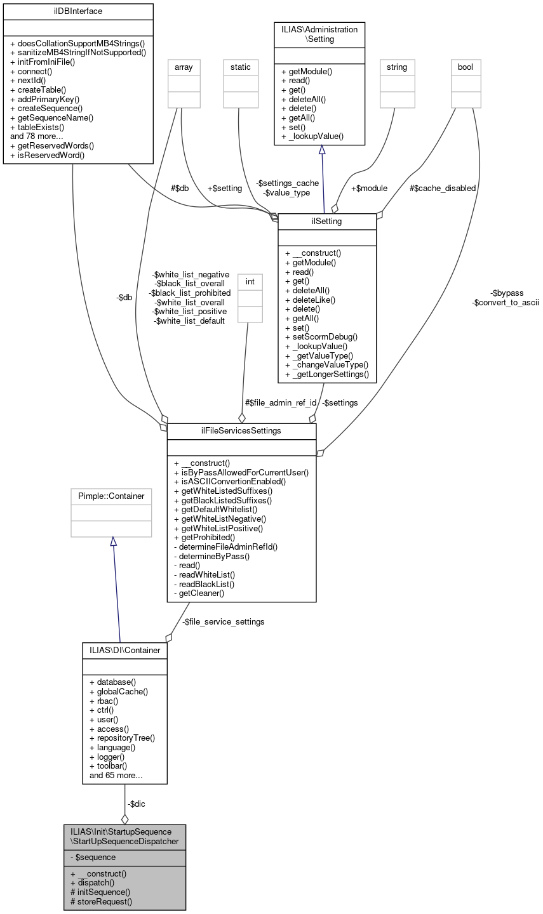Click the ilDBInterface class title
point(78,11)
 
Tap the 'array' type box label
point(184,67)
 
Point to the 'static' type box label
point(241,67)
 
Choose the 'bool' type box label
point(466,67)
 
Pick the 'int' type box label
point(249,281)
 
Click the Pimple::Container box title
point(111,496)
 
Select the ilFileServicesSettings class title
point(241,432)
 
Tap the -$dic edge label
point(136,804)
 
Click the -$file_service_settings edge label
point(223,621)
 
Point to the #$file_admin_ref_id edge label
point(280,402)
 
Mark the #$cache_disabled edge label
point(443,188)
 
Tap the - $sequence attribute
point(93,857)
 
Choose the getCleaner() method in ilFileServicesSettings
point(201,593)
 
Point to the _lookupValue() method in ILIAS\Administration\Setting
point(312,136)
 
